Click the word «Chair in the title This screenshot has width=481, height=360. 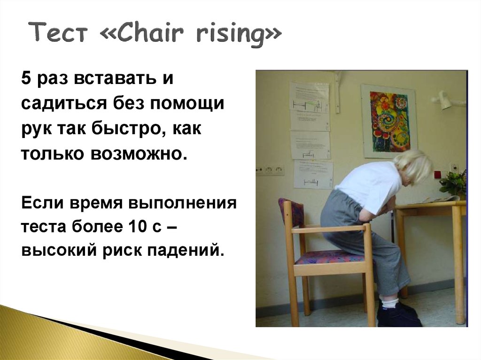(143, 32)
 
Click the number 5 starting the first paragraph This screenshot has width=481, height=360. (26, 78)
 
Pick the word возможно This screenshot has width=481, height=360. (139, 153)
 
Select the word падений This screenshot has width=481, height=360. (184, 251)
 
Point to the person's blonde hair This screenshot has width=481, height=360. (414, 167)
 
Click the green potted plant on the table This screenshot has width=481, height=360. (453, 183)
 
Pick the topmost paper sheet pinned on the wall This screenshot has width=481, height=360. (310, 106)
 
